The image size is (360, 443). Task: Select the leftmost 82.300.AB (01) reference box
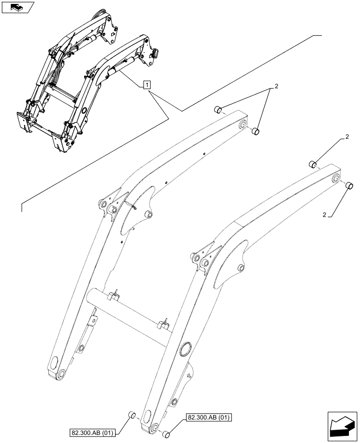(x=92, y=432)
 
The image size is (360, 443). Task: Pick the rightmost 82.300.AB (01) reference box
(x=210, y=417)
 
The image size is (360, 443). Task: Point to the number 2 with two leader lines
(x=276, y=86)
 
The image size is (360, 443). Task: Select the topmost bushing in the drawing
(x=217, y=109)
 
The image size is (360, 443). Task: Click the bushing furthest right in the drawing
(x=349, y=186)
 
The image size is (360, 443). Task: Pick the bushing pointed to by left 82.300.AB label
(x=131, y=415)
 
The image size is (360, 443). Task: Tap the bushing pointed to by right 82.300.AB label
(x=166, y=435)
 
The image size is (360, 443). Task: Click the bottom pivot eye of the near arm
(x=153, y=427)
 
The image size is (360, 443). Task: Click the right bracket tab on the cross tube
(x=165, y=323)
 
